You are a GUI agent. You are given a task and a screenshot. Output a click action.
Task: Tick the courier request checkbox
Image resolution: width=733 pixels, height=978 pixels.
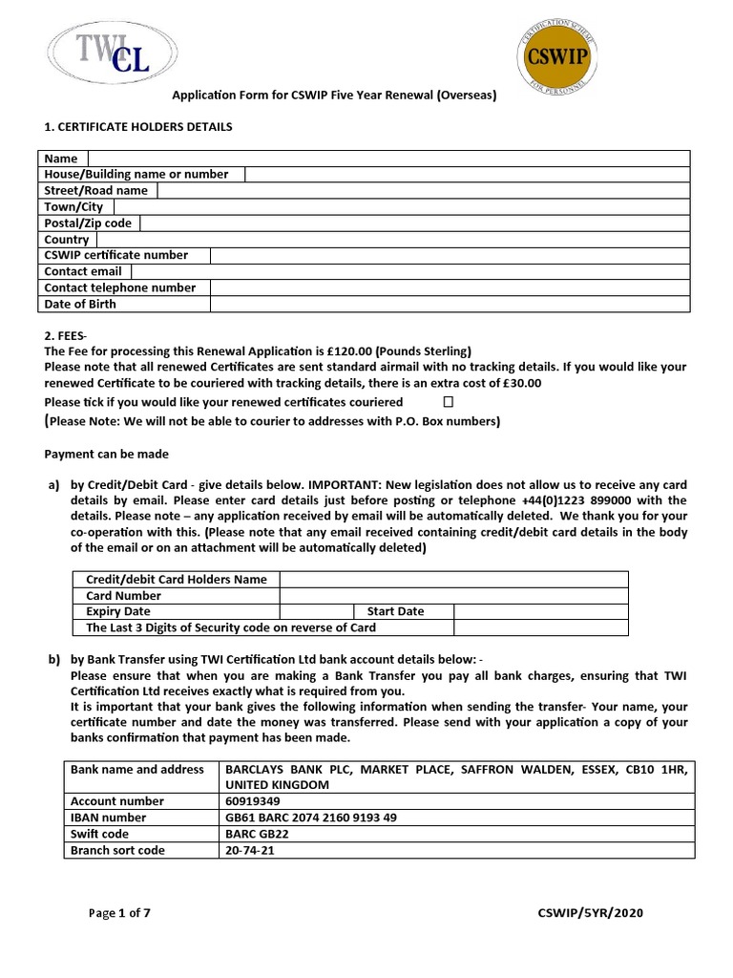(x=448, y=402)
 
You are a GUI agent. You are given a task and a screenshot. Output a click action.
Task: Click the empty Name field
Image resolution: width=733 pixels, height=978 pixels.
(x=388, y=159)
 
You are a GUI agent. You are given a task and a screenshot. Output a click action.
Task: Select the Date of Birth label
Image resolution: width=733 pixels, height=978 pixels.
(x=80, y=304)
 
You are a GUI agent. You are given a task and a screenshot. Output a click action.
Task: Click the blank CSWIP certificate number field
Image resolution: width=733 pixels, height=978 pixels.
(x=450, y=255)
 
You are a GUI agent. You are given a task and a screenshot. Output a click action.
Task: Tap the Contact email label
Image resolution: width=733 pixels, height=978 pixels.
(x=83, y=271)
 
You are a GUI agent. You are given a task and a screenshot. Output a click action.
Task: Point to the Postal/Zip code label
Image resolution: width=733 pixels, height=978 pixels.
(x=88, y=223)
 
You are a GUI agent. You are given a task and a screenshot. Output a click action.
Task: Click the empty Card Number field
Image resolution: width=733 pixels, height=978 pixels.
(x=453, y=595)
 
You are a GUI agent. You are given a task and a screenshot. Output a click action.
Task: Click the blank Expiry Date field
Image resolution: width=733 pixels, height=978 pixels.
(x=316, y=611)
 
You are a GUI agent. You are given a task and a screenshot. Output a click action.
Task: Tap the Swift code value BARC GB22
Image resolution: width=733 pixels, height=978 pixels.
(x=256, y=834)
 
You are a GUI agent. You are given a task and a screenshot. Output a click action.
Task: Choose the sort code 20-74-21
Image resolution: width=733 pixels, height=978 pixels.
(x=249, y=850)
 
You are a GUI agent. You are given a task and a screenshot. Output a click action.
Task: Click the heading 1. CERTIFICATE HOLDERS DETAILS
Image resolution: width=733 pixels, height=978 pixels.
(x=138, y=126)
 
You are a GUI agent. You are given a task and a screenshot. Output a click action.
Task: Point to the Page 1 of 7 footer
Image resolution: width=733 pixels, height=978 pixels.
(x=119, y=913)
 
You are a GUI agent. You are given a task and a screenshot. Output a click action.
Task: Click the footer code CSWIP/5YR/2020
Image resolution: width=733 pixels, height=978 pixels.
(x=590, y=913)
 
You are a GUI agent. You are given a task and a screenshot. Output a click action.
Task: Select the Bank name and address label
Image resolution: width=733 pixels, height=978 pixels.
(x=137, y=769)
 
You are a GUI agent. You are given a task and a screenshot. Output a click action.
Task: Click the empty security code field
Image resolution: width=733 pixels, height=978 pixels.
(x=540, y=627)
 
